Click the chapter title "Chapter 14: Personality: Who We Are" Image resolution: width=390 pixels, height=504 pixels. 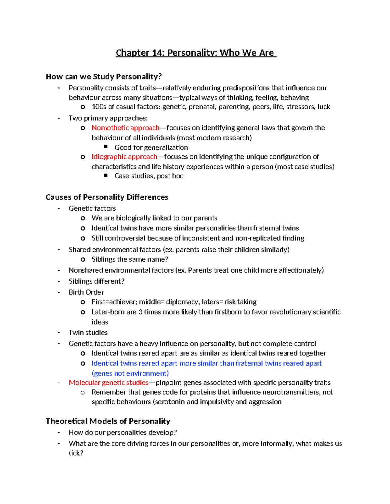coord(196,53)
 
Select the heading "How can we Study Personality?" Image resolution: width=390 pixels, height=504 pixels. coord(104,77)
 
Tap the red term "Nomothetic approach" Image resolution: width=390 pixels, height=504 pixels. coord(125,128)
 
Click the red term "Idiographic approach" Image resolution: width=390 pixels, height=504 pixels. coord(124,157)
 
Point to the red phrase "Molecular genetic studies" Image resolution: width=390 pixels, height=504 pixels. coord(109,383)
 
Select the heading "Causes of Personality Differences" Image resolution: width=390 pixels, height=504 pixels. coord(107,197)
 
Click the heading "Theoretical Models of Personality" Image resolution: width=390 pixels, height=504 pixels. coord(108,421)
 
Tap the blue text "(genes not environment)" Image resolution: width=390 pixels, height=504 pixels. coord(130,373)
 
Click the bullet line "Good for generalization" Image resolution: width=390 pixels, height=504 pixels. coord(151,148)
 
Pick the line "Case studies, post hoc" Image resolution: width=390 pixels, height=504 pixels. coord(149,176)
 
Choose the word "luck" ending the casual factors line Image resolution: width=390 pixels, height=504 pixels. coord(324,107)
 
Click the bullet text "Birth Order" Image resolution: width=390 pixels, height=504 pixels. coord(86,292)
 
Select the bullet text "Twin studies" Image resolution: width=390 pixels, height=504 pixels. coord(88,333)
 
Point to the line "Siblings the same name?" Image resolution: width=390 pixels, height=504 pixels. coord(130,259)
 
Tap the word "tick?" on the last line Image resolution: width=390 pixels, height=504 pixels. coord(76,453)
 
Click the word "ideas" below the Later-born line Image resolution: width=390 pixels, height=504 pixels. coord(100,322)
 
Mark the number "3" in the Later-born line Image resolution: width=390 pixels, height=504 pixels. coord(140,312)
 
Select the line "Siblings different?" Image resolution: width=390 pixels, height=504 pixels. coord(97,281)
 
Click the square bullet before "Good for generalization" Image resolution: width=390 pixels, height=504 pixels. coord(106,147)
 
